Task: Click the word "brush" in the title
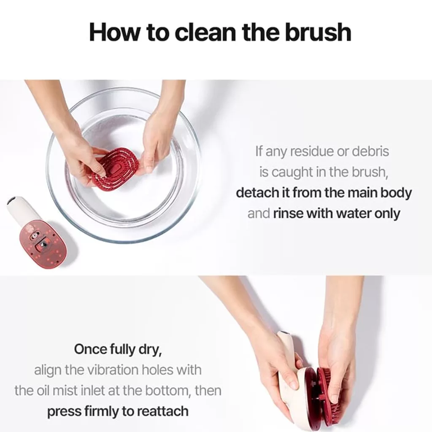pos(318,32)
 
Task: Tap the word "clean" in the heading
pos(206,32)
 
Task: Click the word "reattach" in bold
pos(163,411)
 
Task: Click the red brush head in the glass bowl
pos(115,168)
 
